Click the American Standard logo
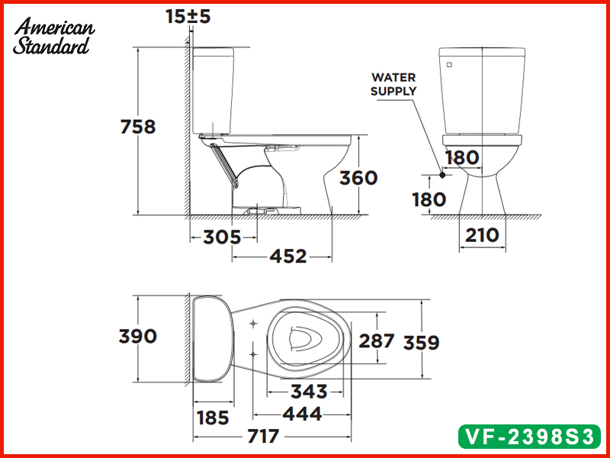pyautogui.click(x=54, y=36)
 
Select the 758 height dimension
pyautogui.click(x=138, y=127)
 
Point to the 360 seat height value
pyautogui.click(x=358, y=178)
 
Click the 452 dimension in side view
pyautogui.click(x=288, y=256)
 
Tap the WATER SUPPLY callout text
pyautogui.click(x=393, y=84)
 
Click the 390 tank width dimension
pyautogui.click(x=138, y=336)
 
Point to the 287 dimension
pyautogui.click(x=377, y=340)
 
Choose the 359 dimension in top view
pyautogui.click(x=422, y=343)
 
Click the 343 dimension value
pyautogui.click(x=309, y=392)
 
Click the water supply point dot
pyautogui.click(x=442, y=175)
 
